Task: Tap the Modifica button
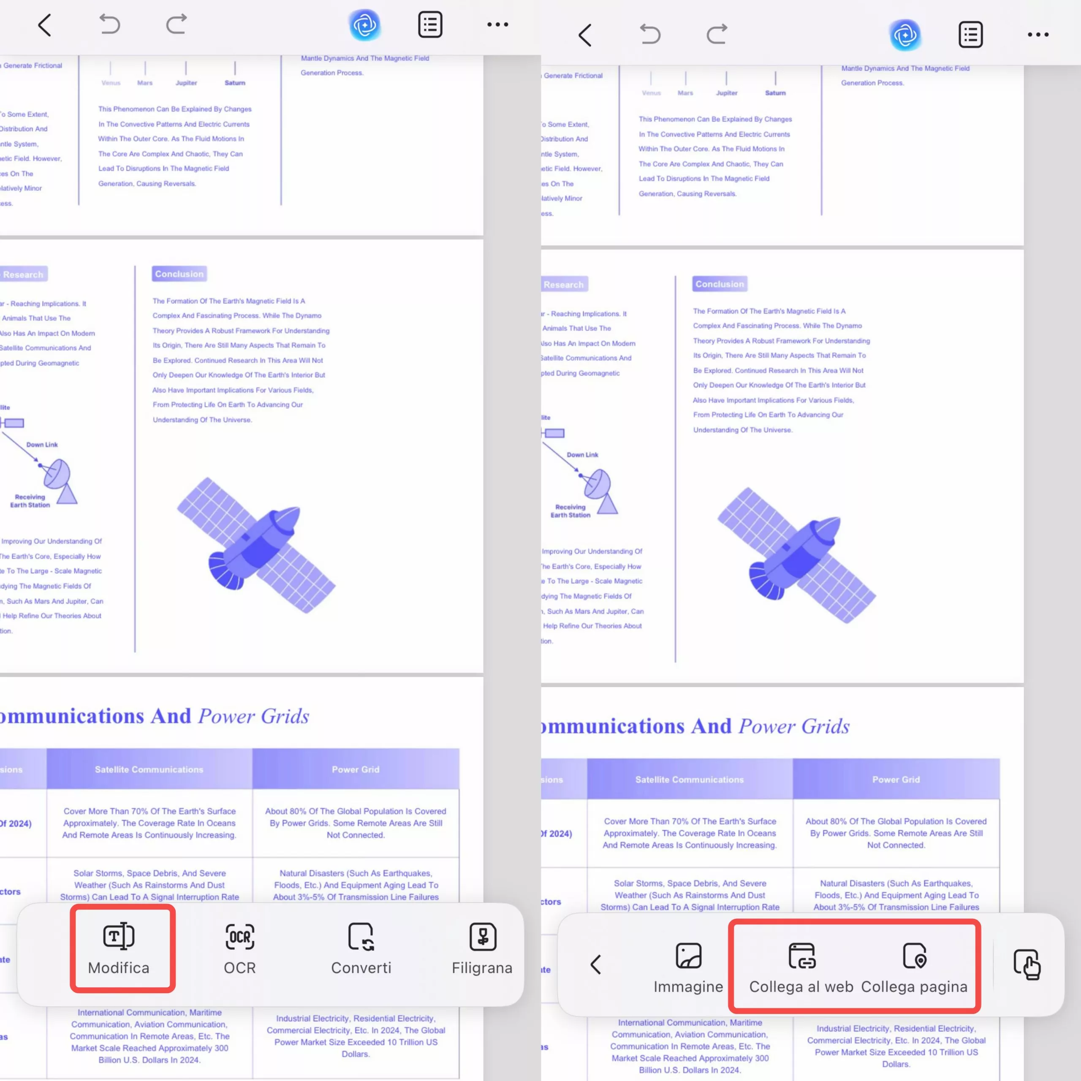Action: click(x=119, y=950)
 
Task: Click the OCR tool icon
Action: click(x=239, y=950)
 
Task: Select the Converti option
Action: click(x=361, y=950)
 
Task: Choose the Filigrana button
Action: click(x=482, y=950)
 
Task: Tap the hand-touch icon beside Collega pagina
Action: click(x=1027, y=964)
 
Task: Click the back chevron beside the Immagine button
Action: click(x=596, y=964)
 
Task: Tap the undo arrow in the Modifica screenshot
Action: click(x=110, y=24)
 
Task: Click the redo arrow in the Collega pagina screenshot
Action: click(x=717, y=35)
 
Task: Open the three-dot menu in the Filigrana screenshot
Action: click(x=497, y=24)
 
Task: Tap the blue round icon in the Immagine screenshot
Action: click(x=905, y=35)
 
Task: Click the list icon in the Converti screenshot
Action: click(x=430, y=24)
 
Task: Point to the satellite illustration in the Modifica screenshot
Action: click(x=256, y=546)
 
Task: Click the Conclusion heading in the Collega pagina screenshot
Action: click(x=720, y=284)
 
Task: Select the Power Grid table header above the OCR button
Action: click(x=355, y=769)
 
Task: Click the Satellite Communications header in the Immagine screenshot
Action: click(x=689, y=780)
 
